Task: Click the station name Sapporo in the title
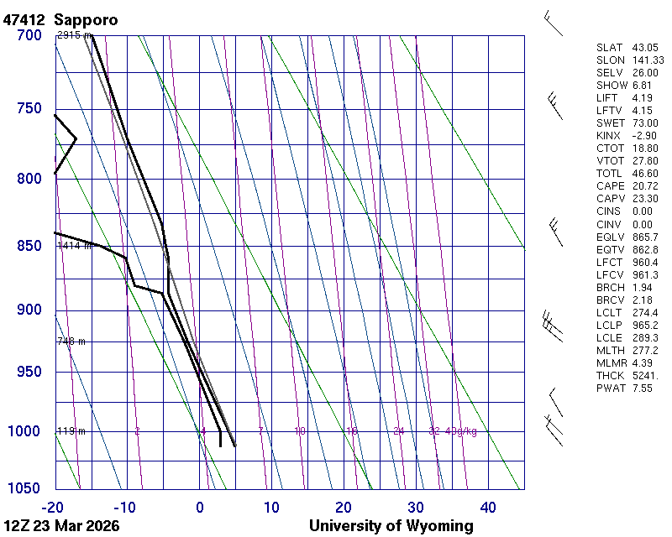(86, 19)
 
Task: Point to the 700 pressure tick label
(29, 35)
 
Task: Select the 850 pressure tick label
(29, 246)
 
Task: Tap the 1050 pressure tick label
(24, 489)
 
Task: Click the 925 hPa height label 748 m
(71, 341)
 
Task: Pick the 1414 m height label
(74, 246)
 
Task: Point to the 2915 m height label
(74, 35)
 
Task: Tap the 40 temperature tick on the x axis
(488, 507)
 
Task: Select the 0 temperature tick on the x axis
(200, 507)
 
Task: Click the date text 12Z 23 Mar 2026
(61, 526)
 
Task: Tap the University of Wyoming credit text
(391, 526)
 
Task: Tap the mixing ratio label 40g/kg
(462, 431)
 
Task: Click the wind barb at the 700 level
(553, 23)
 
